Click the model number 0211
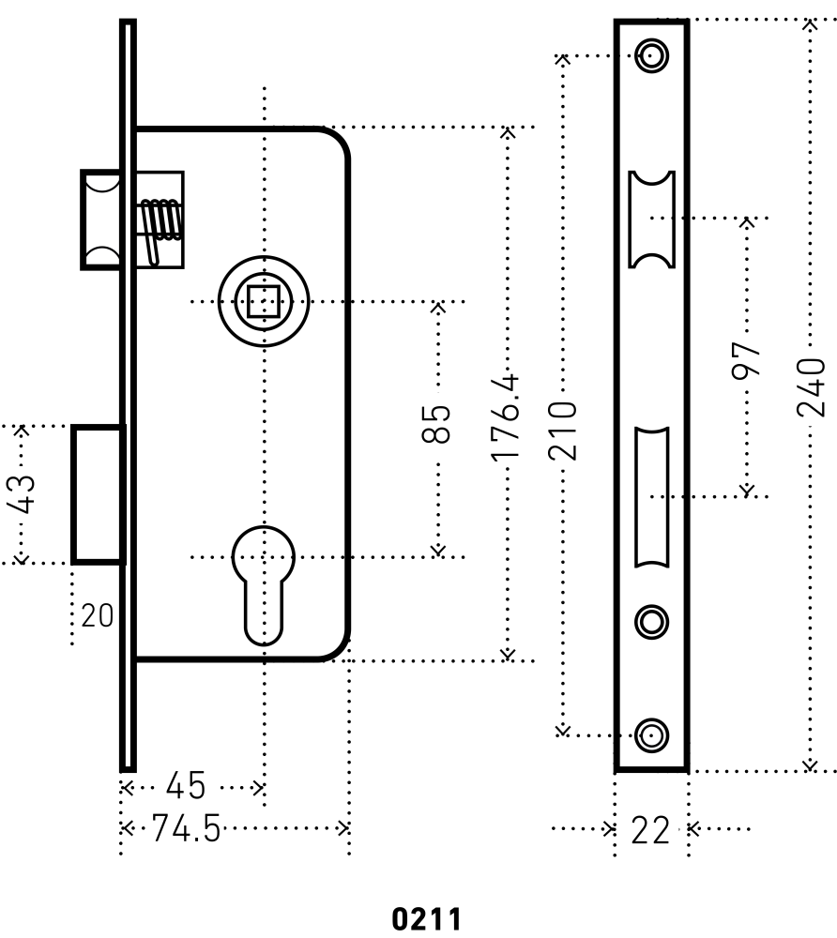point(426,916)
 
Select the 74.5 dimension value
point(185,829)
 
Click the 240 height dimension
point(812,386)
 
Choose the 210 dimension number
point(562,430)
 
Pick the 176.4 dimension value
point(507,416)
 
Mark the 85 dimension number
point(437,424)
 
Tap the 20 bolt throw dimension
point(97,617)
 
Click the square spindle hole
point(265,302)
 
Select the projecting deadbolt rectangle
point(99,494)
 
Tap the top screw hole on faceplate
point(651,55)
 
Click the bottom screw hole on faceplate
point(651,734)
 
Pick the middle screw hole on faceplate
point(651,620)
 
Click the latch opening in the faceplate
point(651,219)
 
